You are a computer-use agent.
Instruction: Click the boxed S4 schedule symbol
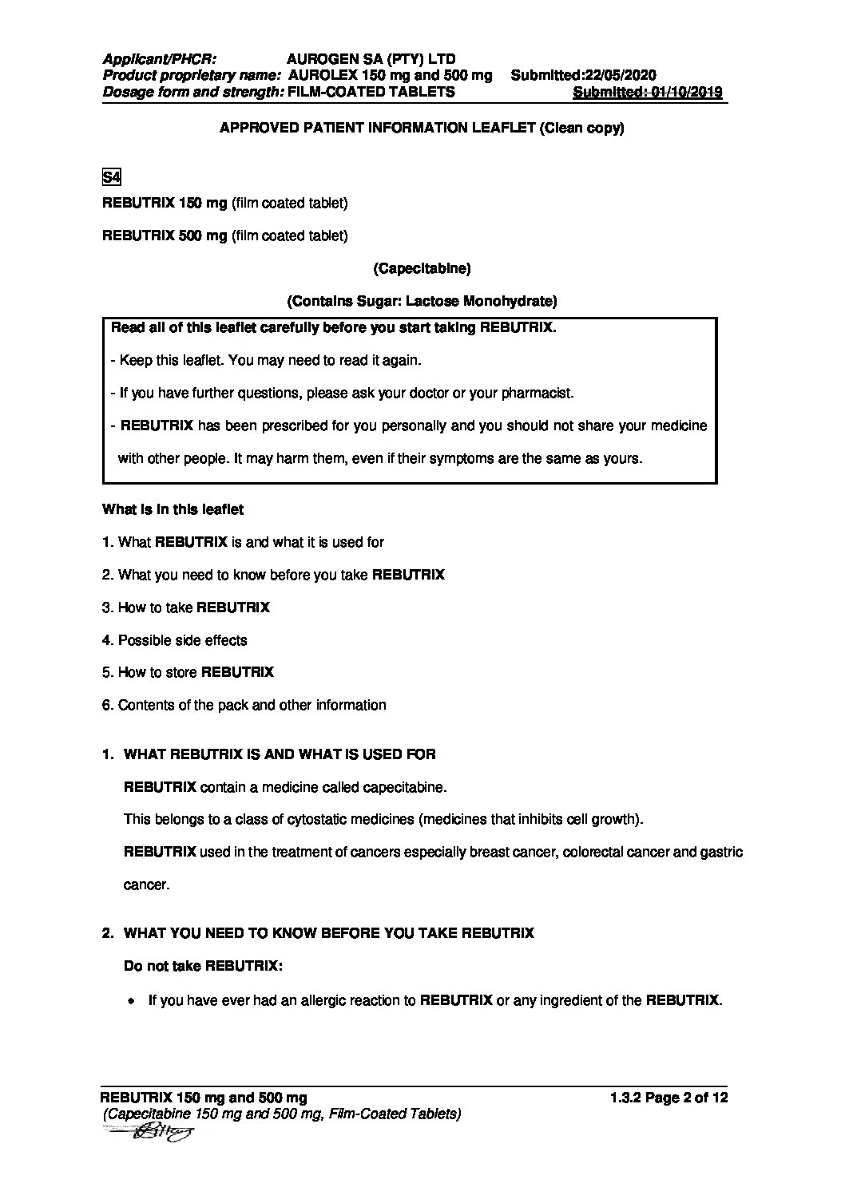pyautogui.click(x=111, y=177)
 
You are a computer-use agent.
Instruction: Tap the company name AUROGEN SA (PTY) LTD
pyautogui.click(x=371, y=59)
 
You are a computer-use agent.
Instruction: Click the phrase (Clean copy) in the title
pyautogui.click(x=581, y=129)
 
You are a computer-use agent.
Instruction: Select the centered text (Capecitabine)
pyautogui.click(x=422, y=269)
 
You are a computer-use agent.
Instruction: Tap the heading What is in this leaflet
pyautogui.click(x=173, y=509)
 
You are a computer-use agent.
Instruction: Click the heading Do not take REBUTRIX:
pyautogui.click(x=203, y=966)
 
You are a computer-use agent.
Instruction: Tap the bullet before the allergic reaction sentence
pyautogui.click(x=130, y=1000)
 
